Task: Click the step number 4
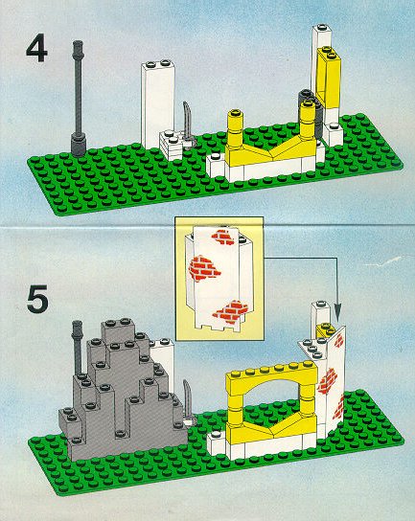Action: [36, 49]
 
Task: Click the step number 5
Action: [37, 299]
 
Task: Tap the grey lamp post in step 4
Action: [79, 99]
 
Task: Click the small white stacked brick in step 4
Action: [172, 145]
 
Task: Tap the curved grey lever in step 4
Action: [188, 125]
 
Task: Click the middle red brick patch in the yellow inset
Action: [203, 268]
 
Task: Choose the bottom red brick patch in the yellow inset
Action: [231, 311]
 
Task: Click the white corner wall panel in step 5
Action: [332, 382]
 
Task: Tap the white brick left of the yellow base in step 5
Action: [218, 444]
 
